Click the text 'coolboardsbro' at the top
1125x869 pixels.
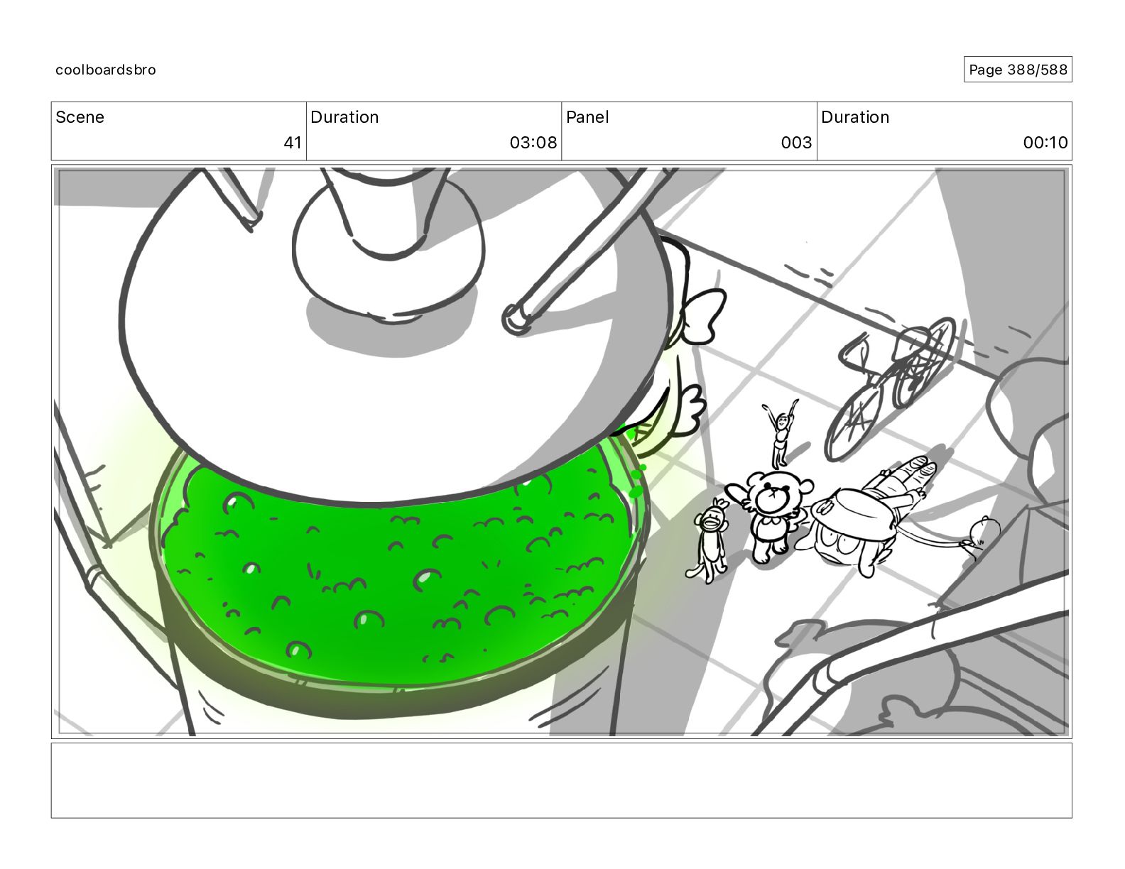click(x=106, y=70)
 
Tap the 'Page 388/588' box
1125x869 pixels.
click(x=1017, y=70)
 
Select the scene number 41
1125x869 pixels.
click(x=293, y=142)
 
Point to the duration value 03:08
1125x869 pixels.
click(x=533, y=142)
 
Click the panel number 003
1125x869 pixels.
click(x=796, y=142)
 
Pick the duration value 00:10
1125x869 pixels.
click(x=1045, y=142)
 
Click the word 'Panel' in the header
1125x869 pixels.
click(x=587, y=117)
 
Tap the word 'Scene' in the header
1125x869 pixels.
click(x=80, y=117)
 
